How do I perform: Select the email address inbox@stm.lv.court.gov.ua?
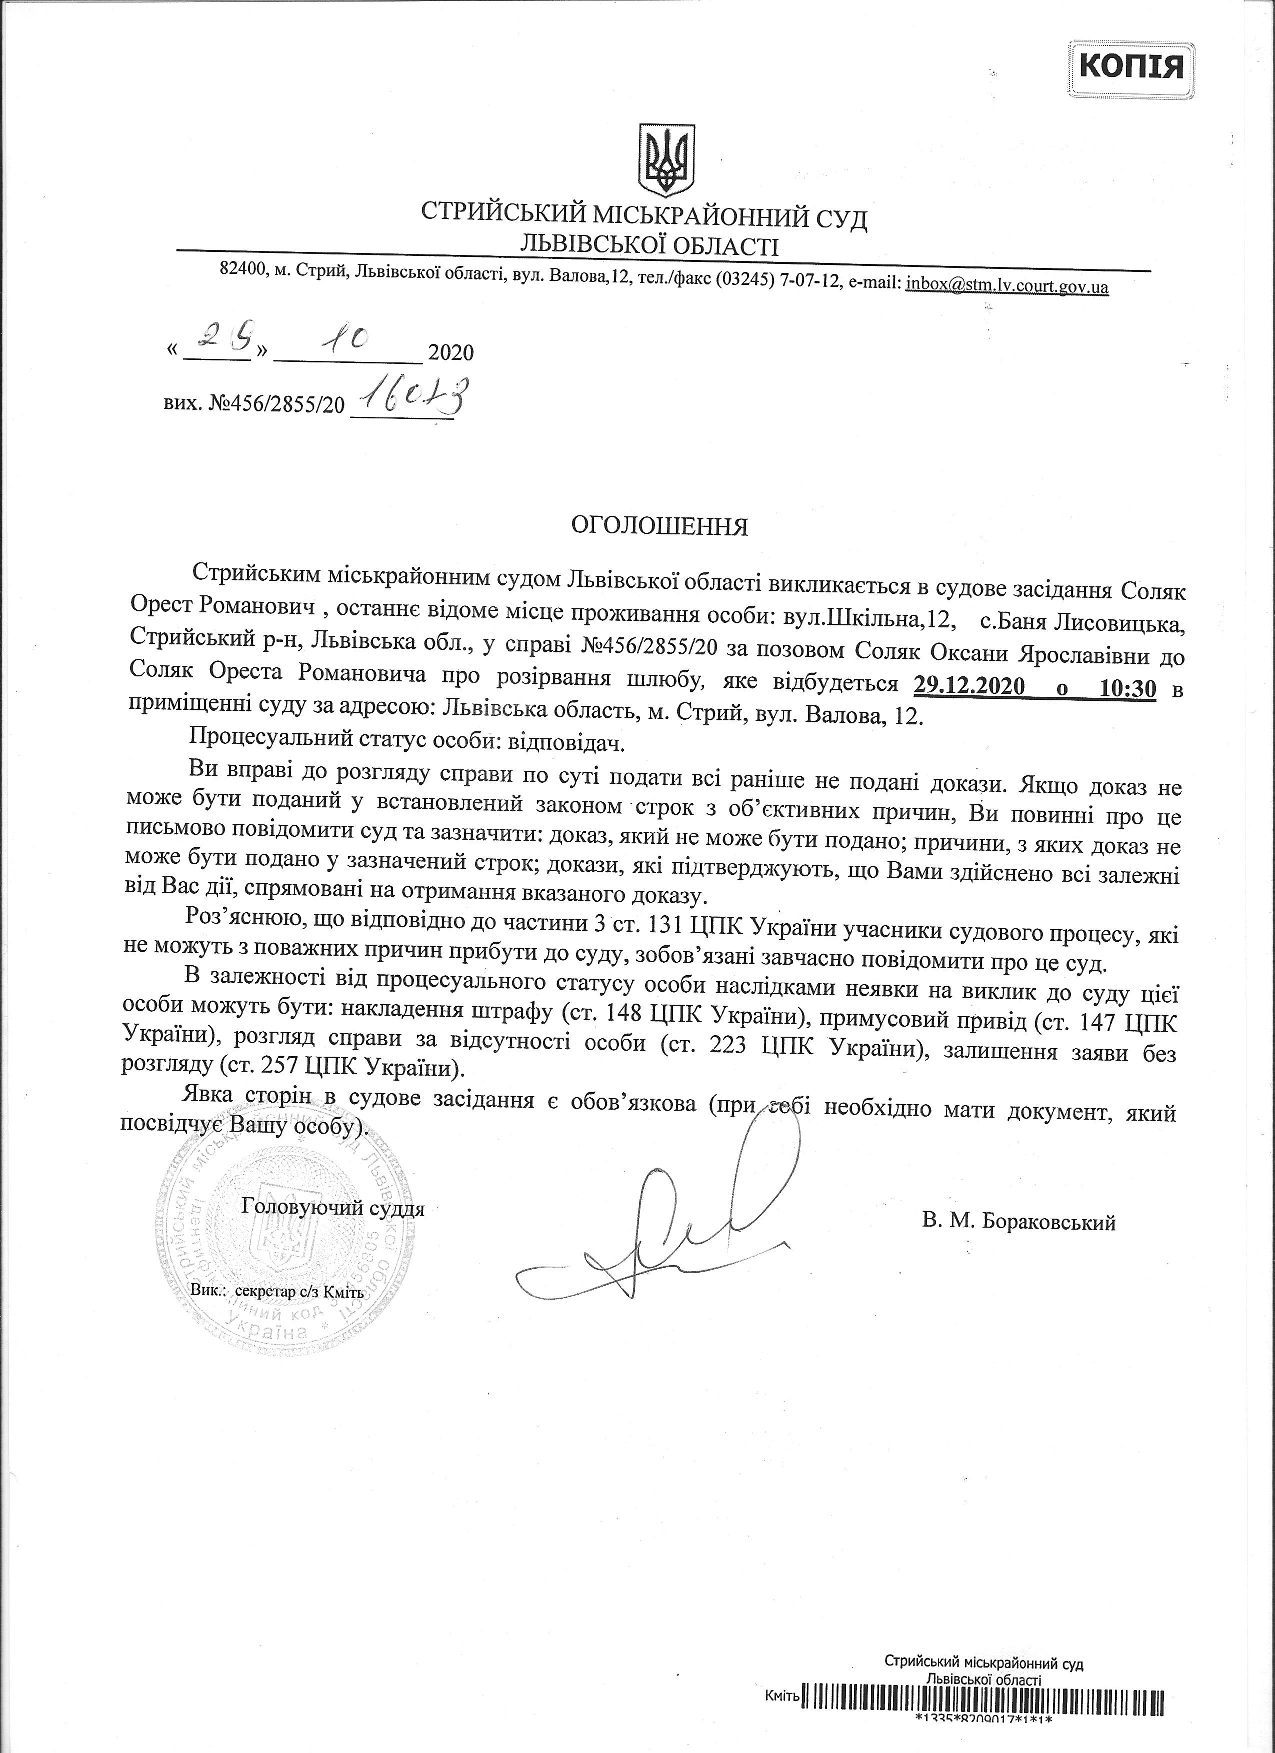[x=1007, y=285]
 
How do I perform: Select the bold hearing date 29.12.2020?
[x=969, y=686]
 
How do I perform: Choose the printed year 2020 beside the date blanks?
[x=451, y=353]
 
